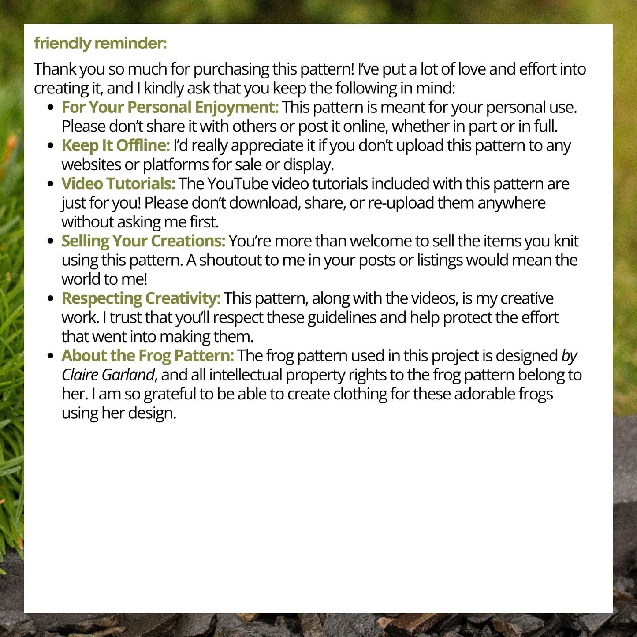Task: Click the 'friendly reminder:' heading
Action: click(101, 44)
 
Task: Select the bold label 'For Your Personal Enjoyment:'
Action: click(170, 108)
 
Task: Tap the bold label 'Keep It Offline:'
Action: click(115, 145)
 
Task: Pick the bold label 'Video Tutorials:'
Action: click(118, 184)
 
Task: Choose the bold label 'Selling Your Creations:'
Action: click(143, 241)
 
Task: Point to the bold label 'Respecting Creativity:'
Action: click(141, 298)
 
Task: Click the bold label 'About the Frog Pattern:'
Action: click(148, 356)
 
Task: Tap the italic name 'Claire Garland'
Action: click(108, 375)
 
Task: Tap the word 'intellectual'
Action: click(246, 375)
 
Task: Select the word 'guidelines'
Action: click(342, 318)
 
